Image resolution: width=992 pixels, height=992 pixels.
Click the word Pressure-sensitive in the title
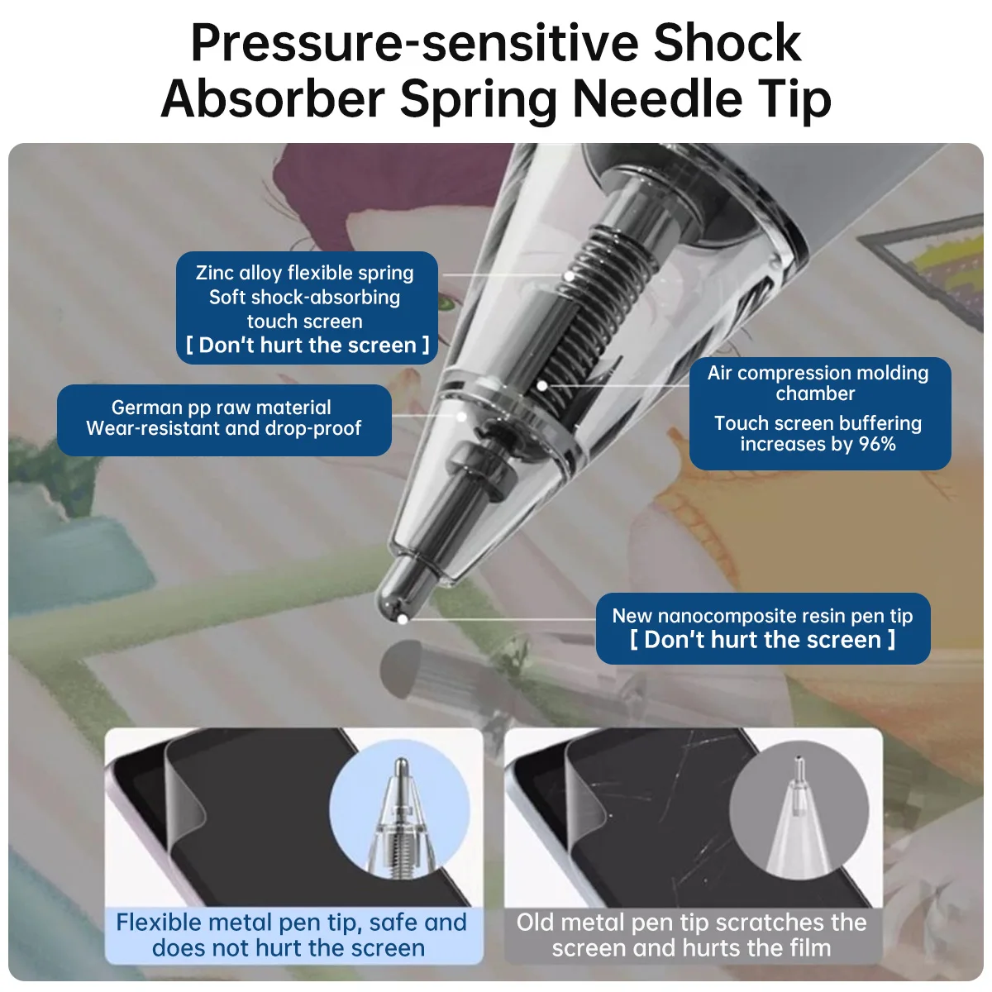414,43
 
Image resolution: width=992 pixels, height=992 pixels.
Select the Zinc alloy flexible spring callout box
307,308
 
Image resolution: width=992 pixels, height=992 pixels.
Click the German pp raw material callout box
224,420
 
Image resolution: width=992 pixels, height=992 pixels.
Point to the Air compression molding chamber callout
819,413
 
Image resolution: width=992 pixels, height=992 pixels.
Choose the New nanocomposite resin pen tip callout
762,628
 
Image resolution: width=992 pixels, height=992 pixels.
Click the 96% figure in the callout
877,444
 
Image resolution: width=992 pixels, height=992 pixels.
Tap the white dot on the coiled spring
569,276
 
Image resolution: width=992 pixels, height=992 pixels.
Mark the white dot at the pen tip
403,619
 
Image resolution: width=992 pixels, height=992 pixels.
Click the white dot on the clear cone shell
462,417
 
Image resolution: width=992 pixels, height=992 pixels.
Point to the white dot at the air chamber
541,385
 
